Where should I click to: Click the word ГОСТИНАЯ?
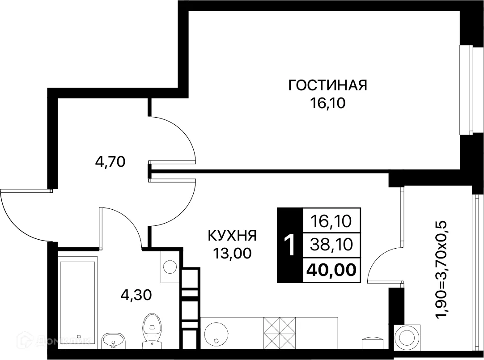[327, 85]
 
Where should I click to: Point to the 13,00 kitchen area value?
[232, 254]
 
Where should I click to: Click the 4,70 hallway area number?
[110, 161]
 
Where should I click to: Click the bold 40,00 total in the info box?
[331, 270]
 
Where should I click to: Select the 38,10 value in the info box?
[331, 245]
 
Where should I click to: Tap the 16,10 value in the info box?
[331, 220]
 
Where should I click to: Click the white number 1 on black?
[290, 245]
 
